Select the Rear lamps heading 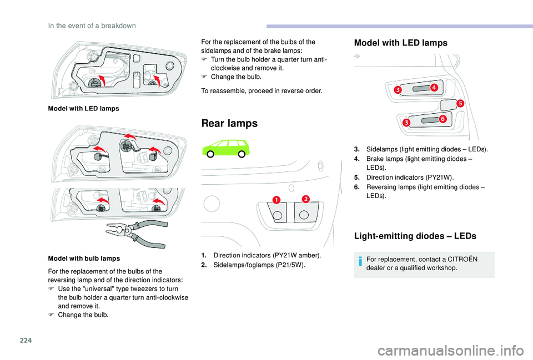(229, 123)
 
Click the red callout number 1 (276, 199)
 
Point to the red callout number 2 (305, 199)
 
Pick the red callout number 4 (433, 88)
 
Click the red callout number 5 (460, 103)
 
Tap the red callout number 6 (443, 119)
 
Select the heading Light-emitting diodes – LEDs (415, 236)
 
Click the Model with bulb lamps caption (83, 258)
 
